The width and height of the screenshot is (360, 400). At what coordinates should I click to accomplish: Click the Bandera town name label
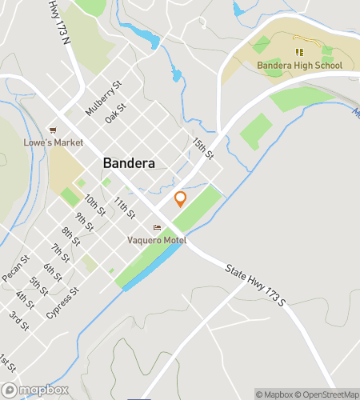pos(128,162)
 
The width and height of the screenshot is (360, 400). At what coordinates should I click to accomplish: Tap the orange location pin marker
pos(180,199)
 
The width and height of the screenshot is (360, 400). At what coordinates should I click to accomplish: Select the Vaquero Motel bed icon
pos(157,228)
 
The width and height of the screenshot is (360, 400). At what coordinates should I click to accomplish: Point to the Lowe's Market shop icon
pos(53,130)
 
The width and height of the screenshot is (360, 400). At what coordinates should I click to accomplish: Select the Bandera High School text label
pos(299,65)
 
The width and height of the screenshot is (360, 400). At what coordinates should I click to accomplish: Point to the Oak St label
pos(115,113)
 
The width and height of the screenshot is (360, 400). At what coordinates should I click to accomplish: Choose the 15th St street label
pos(202,146)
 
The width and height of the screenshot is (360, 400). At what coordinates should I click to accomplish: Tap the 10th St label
pos(95,206)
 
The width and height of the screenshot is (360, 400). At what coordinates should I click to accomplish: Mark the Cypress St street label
pos(63,302)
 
